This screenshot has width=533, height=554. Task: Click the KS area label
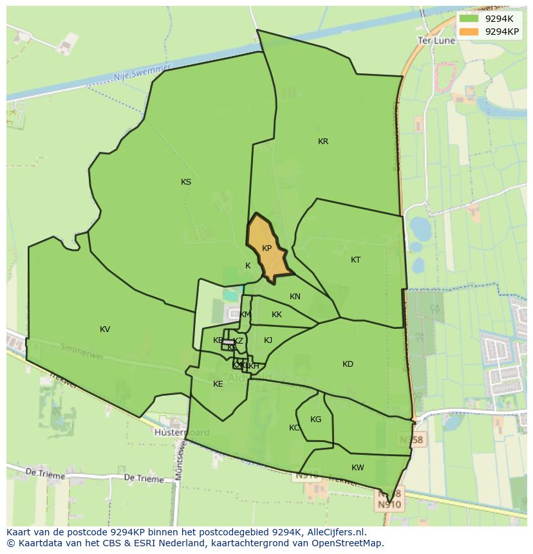[186, 182]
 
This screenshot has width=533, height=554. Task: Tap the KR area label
[323, 142]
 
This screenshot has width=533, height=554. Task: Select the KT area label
[356, 260]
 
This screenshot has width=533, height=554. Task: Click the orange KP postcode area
[266, 248]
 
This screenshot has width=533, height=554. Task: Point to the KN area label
[295, 297]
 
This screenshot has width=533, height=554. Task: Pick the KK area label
[277, 315]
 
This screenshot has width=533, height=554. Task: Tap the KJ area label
[268, 340]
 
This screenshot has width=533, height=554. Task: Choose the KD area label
[348, 364]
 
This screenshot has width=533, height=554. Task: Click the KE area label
[218, 384]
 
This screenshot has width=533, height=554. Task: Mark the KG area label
[315, 420]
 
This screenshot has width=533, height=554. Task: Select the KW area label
[358, 468]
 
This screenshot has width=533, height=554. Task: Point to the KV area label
[105, 329]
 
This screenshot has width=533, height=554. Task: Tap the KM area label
[245, 315]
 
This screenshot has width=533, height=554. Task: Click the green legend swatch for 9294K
[469, 18]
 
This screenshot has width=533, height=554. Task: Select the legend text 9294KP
[502, 31]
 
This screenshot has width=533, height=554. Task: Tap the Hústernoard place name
[182, 432]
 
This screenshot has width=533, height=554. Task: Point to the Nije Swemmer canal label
[142, 73]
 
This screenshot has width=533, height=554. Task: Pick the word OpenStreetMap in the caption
[346, 543]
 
